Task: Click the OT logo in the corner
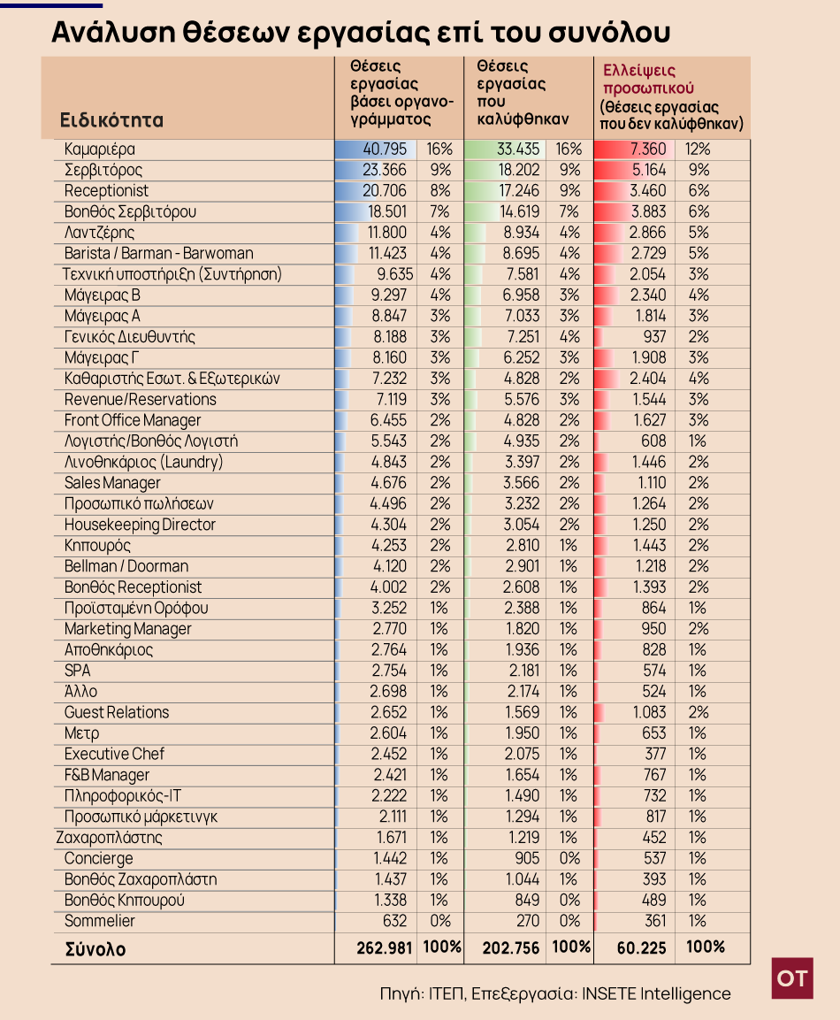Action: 792,978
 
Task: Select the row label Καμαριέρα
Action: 99,149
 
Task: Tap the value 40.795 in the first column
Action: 385,149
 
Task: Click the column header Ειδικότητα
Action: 111,119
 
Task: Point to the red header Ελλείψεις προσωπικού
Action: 639,79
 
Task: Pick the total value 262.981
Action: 385,947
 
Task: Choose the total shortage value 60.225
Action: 641,947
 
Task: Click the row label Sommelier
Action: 99,920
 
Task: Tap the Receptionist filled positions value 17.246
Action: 519,190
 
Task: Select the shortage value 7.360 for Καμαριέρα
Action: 647,149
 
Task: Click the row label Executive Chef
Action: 114,754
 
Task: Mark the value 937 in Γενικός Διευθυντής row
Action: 654,336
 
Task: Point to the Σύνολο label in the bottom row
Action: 95,949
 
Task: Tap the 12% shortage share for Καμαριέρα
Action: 698,149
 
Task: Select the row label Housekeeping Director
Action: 140,525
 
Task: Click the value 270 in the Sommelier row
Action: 528,920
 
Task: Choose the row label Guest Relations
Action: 117,712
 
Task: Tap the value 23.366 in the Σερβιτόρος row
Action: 385,170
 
